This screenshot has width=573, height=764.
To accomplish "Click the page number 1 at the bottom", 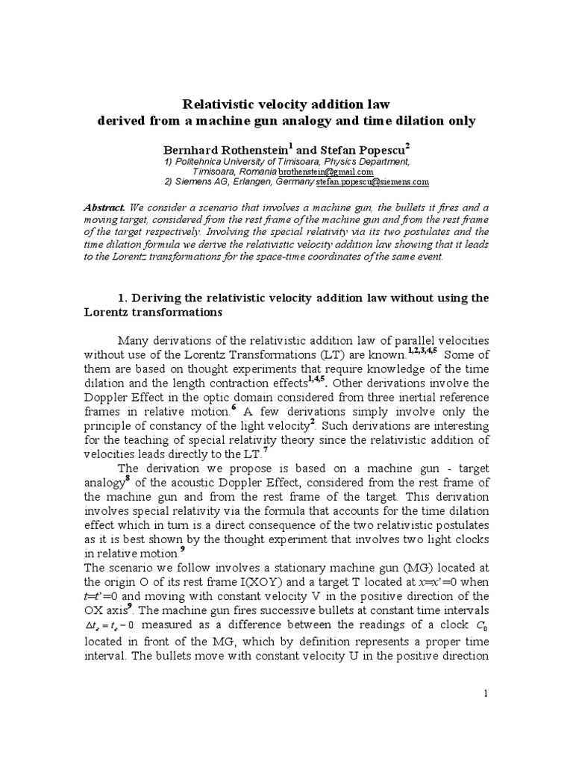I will click(x=486, y=693).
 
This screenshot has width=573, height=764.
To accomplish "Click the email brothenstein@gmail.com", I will click(x=326, y=171).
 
